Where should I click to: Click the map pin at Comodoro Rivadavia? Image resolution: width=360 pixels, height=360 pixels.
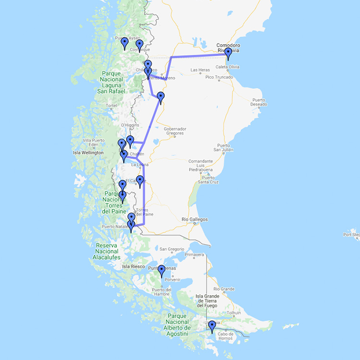pos(228,53)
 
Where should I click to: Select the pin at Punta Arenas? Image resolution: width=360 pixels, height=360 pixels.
pos(162,271)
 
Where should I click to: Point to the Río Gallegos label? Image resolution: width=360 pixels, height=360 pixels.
pos(194,219)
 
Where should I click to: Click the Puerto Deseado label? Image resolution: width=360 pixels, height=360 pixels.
pos(262,102)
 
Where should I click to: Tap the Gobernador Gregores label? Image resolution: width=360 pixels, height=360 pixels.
pos(175,131)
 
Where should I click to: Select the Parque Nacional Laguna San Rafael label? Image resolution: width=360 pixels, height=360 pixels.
pos(113,83)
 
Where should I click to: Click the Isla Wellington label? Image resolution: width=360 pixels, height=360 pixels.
pos(88,153)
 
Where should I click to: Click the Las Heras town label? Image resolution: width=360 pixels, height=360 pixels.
pos(200,70)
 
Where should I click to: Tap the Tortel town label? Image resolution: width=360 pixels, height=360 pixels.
pos(111,106)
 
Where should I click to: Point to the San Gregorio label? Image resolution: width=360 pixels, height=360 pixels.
pos(172,249)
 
